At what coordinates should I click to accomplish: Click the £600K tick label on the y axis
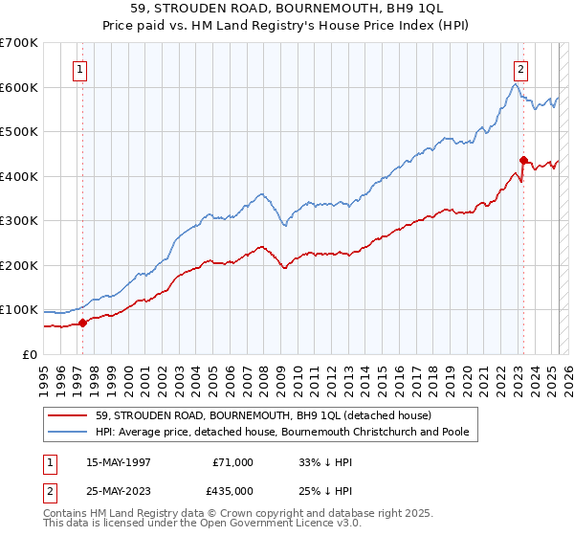pyautogui.click(x=18, y=87)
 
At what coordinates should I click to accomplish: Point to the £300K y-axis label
pyautogui.click(x=18, y=220)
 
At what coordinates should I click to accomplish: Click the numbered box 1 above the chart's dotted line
pyautogui.click(x=80, y=69)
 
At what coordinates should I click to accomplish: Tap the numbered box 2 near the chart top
pyautogui.click(x=521, y=69)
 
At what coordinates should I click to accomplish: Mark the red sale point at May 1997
pyautogui.click(x=83, y=323)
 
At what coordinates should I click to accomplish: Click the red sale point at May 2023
pyautogui.click(x=523, y=161)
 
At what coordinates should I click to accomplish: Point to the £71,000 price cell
pyautogui.click(x=232, y=462)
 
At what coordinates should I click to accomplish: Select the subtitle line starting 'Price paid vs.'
pyautogui.click(x=286, y=28)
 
